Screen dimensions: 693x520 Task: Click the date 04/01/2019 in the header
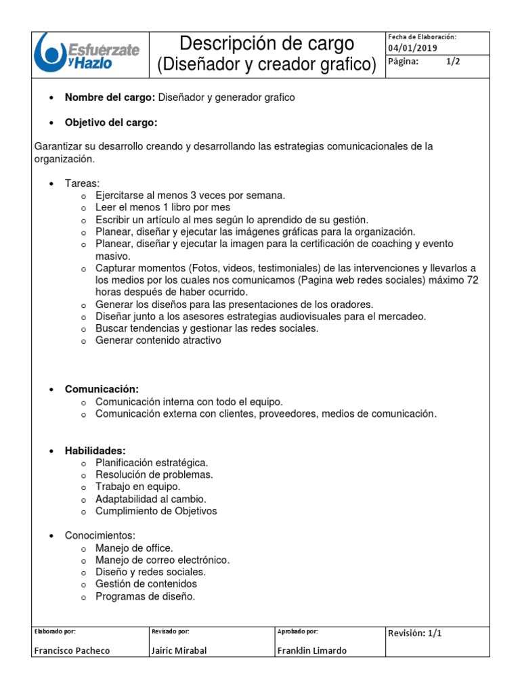coord(412,48)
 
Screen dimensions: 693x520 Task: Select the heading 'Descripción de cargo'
coord(266,44)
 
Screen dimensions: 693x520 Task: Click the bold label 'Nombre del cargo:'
coord(110,97)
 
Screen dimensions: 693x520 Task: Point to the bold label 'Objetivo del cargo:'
coord(111,122)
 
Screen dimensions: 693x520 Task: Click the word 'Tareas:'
coord(82,183)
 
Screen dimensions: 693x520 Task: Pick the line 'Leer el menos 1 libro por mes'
coord(162,207)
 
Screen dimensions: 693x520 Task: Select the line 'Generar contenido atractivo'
coord(158,340)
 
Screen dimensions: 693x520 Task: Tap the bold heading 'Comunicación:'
coord(102,389)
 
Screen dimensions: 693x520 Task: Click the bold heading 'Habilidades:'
coord(95,451)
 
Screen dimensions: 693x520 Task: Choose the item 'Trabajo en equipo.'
coord(137,487)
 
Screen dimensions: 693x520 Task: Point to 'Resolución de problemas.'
coord(154,474)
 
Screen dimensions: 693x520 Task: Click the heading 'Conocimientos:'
coord(100,535)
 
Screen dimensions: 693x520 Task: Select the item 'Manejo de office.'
coord(134,547)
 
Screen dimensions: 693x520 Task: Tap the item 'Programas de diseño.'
coord(145,596)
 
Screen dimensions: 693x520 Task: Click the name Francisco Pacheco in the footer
coord(72,650)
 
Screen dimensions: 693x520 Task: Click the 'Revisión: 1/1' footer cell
coord(414,633)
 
